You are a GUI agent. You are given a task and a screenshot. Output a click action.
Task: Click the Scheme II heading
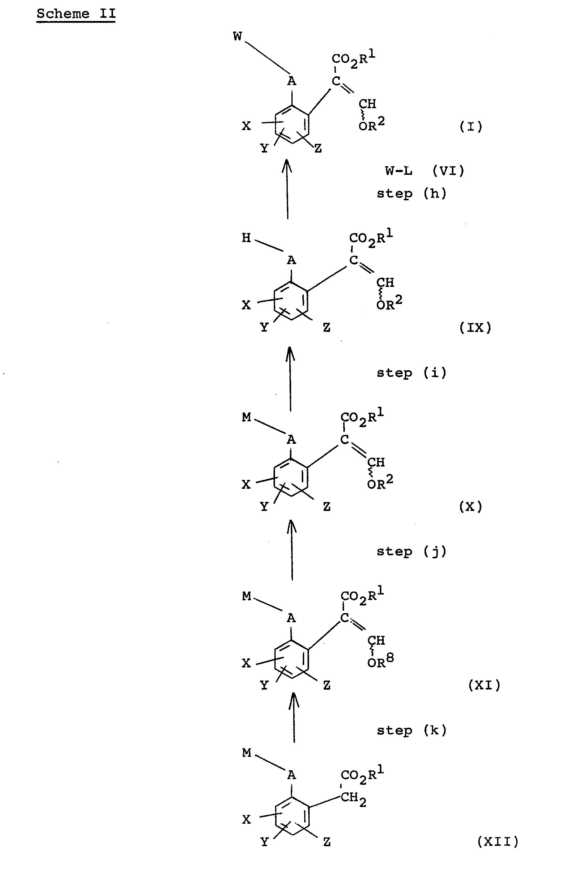[76, 14]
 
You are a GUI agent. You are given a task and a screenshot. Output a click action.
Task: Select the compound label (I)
[471, 127]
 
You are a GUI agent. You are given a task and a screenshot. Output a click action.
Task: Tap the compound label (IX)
[475, 328]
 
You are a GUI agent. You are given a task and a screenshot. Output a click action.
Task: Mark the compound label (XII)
[498, 842]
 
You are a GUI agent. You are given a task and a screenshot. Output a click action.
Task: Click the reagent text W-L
[399, 171]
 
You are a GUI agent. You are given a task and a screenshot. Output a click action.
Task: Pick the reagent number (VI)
[448, 171]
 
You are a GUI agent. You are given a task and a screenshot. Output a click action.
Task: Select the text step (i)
[412, 373]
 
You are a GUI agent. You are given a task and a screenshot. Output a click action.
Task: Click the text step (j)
[412, 552]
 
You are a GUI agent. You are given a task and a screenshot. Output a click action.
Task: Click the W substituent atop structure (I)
[238, 36]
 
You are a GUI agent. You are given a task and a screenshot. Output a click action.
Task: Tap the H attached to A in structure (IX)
[246, 237]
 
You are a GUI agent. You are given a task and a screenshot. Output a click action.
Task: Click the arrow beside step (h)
[287, 189]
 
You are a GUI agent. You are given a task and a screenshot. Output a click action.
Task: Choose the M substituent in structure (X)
[247, 417]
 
